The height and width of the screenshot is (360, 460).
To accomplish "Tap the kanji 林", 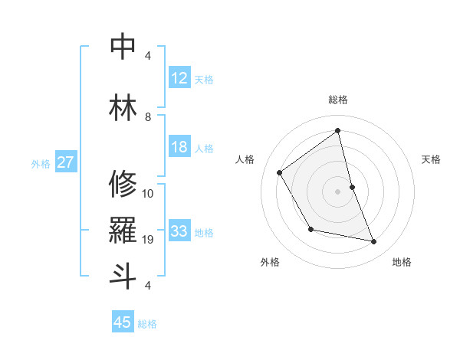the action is (x=123, y=108).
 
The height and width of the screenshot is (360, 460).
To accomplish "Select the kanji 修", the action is (x=123, y=184).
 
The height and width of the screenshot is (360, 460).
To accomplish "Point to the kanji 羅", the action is (x=123, y=231).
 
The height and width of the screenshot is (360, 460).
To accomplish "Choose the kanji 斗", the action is (x=123, y=276).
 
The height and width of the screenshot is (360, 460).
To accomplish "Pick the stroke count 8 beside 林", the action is (x=148, y=117).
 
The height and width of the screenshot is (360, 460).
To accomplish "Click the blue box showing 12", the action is (x=179, y=78).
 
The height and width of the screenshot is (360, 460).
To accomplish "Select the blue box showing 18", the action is (x=179, y=147).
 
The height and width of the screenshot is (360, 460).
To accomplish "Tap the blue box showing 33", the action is (x=179, y=231).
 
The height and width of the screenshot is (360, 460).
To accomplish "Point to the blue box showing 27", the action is (x=66, y=162).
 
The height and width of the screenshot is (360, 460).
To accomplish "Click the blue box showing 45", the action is (x=123, y=322).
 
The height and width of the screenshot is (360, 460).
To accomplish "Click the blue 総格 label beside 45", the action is (x=147, y=324).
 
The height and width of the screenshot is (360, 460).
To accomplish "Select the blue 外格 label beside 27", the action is (x=41, y=163).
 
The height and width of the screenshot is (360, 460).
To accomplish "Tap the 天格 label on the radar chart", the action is (x=432, y=159).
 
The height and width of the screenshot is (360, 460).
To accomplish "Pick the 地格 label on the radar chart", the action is (x=402, y=262).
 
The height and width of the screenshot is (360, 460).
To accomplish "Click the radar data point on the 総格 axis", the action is (x=338, y=130).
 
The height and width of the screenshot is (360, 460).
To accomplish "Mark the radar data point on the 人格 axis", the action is (x=280, y=172).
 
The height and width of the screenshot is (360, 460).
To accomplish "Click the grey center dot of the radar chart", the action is (x=338, y=191).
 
